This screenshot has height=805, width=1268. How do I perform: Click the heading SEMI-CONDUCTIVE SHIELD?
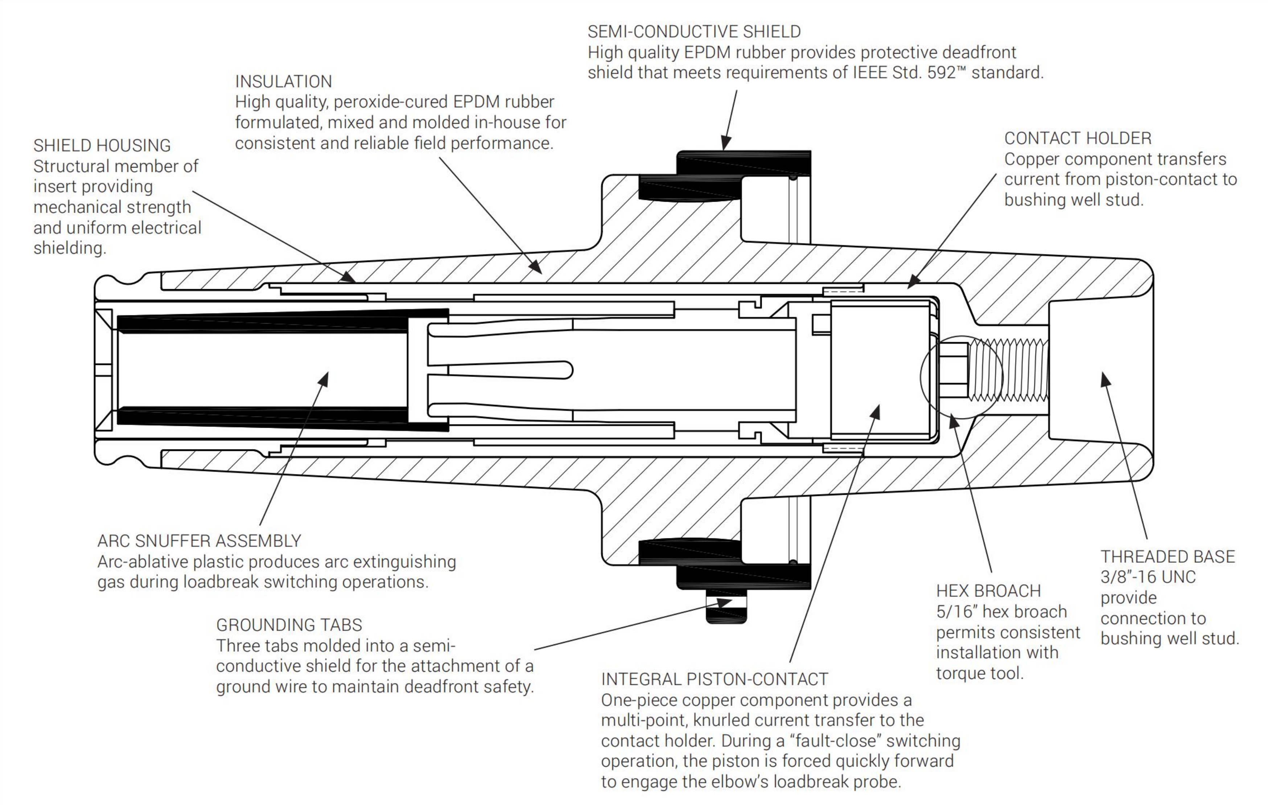[694, 32]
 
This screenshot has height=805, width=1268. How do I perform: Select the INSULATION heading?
[283, 82]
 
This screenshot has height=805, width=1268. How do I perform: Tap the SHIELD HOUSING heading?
[102, 145]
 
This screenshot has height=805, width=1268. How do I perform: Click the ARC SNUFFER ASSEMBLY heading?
[199, 541]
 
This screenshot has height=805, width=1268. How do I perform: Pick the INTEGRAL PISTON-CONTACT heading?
[715, 679]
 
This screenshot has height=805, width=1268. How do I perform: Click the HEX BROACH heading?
[988, 591]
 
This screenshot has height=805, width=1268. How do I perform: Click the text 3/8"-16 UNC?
[1148, 577]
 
